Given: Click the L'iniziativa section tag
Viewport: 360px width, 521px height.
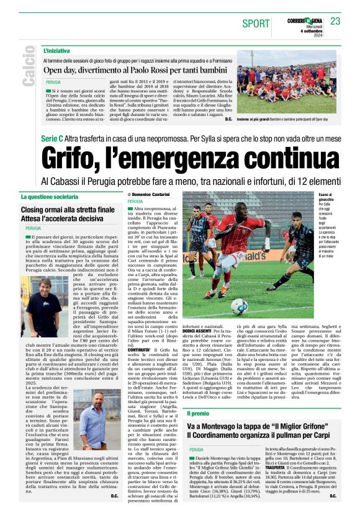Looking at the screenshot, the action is click(x=56, y=50).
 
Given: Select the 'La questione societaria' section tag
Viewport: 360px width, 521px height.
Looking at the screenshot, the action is click(x=52, y=197).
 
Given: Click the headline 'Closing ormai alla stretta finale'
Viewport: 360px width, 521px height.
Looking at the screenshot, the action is click(x=68, y=211).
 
